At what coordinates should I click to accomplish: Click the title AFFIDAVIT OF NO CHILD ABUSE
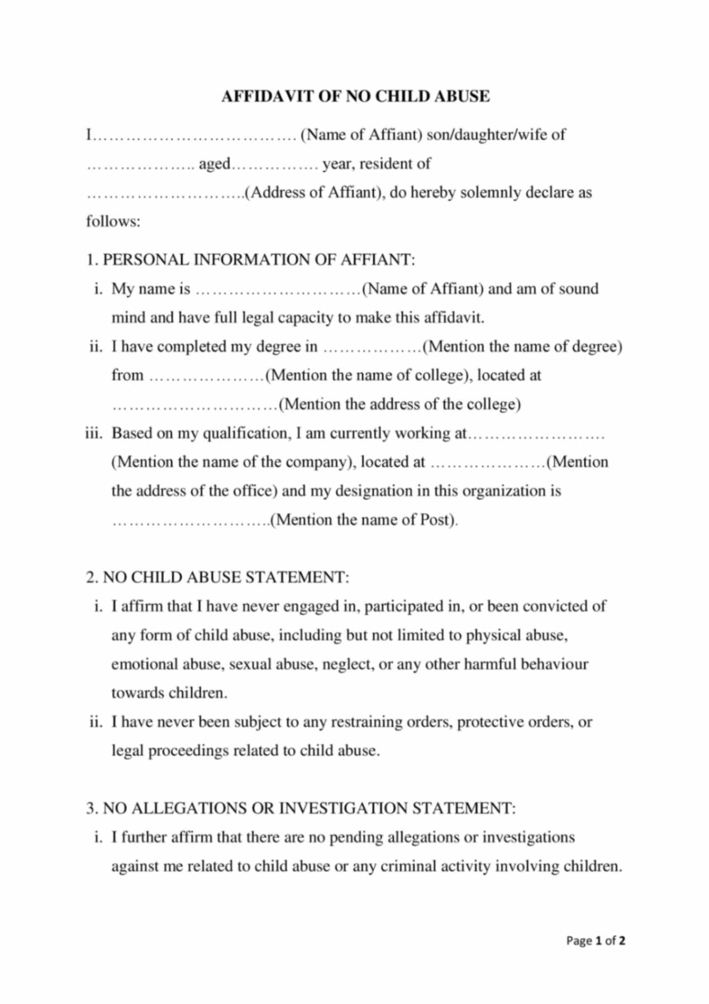click(x=355, y=97)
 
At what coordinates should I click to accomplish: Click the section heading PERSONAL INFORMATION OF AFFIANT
click(x=259, y=260)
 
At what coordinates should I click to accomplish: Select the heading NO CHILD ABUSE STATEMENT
click(x=226, y=577)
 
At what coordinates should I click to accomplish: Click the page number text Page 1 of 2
click(x=596, y=940)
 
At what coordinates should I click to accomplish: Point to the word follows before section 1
click(x=113, y=221)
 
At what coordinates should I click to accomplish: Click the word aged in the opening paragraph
click(x=215, y=164)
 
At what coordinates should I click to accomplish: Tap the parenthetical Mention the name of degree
click(x=522, y=347)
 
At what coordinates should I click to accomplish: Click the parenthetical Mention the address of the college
click(x=399, y=404)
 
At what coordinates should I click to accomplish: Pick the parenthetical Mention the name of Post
click(x=364, y=520)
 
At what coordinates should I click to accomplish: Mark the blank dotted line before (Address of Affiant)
click(x=164, y=193)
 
